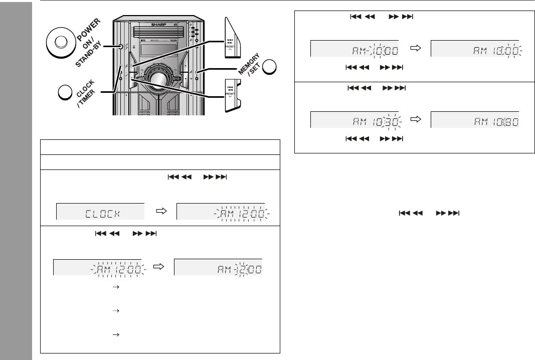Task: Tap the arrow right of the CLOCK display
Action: [x=161, y=212]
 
